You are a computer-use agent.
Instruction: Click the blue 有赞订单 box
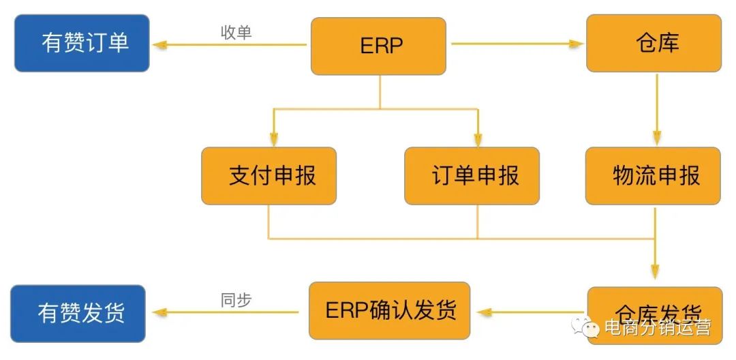[x=82, y=43]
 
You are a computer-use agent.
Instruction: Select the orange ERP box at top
[x=378, y=46]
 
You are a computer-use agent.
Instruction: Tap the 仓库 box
[x=654, y=43]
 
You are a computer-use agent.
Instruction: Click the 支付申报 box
[x=269, y=176]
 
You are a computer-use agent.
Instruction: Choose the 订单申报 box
[x=472, y=176]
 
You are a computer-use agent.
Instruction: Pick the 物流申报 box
[x=653, y=176]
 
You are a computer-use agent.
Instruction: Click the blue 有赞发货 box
[x=78, y=314]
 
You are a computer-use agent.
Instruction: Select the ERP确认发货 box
[x=389, y=310]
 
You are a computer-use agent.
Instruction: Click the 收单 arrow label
[x=236, y=33]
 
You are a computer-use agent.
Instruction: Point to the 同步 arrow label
[x=236, y=300]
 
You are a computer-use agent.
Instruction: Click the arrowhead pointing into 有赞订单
[x=159, y=45]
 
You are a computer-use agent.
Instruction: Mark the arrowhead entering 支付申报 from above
[x=273, y=140]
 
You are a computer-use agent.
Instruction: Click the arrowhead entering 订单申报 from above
[x=477, y=140]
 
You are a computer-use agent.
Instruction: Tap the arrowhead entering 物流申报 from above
[x=656, y=140]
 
